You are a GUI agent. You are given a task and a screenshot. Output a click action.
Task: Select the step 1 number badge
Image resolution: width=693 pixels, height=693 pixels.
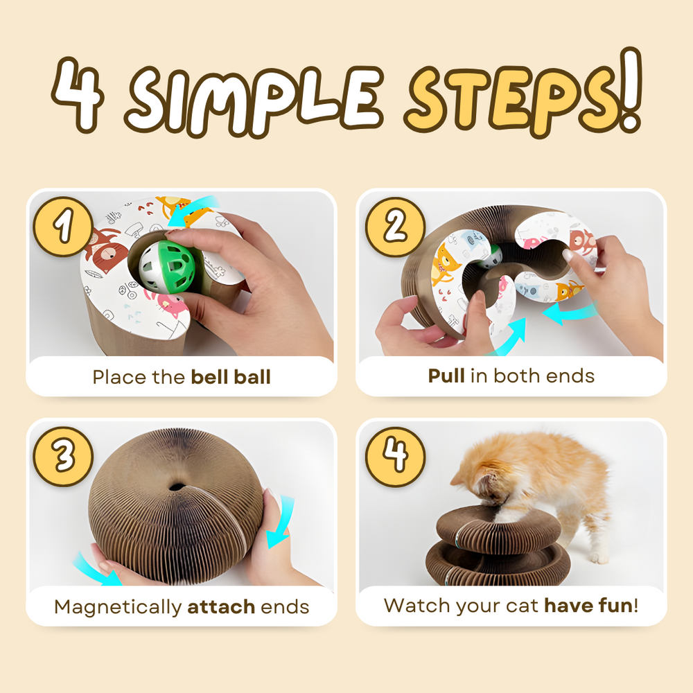[64, 227]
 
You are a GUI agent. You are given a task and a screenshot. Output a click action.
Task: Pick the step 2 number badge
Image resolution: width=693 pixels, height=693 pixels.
[394, 227]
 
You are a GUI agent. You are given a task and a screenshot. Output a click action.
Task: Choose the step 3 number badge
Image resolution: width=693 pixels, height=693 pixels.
[64, 457]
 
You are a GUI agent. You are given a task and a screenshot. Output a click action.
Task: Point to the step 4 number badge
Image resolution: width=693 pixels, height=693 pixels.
[394, 457]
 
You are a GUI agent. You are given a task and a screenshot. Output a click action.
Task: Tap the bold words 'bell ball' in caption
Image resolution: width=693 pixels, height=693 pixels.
[231, 377]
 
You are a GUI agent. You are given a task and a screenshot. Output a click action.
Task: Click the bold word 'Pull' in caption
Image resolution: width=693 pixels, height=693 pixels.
[446, 376]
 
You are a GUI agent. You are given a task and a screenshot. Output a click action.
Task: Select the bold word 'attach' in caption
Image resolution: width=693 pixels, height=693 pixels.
[221, 607]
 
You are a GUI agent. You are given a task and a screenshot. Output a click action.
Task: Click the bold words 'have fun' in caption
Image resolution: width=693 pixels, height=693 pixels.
[588, 605]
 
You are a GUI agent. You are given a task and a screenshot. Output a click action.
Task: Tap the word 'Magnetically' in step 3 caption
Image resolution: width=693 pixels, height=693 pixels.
[118, 608]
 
